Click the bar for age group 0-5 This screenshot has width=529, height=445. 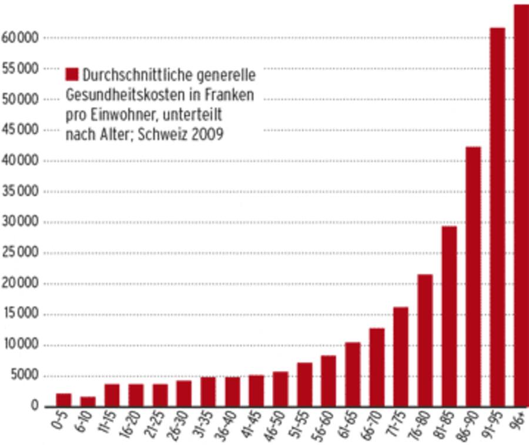(x=63, y=400)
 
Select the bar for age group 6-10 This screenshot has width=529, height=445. (x=88, y=401)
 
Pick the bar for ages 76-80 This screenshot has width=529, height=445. (x=425, y=340)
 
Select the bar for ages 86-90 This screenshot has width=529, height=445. (x=473, y=276)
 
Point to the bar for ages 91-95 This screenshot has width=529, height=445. (x=497, y=217)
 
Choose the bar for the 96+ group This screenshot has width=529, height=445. (x=521, y=205)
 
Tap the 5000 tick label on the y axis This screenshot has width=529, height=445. (x=24, y=376)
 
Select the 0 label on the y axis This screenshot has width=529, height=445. (x=35, y=406)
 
